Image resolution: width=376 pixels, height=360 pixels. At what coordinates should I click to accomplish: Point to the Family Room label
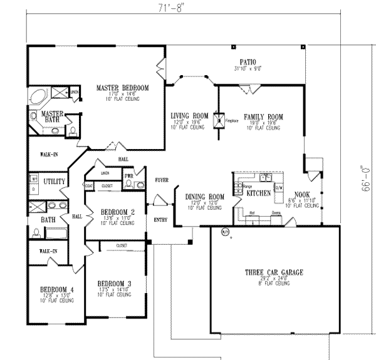click(263, 117)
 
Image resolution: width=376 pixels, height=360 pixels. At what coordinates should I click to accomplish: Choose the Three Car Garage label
click(274, 272)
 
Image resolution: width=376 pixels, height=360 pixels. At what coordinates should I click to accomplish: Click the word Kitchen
click(258, 194)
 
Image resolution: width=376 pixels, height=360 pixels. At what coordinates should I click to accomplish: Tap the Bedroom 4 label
click(56, 289)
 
